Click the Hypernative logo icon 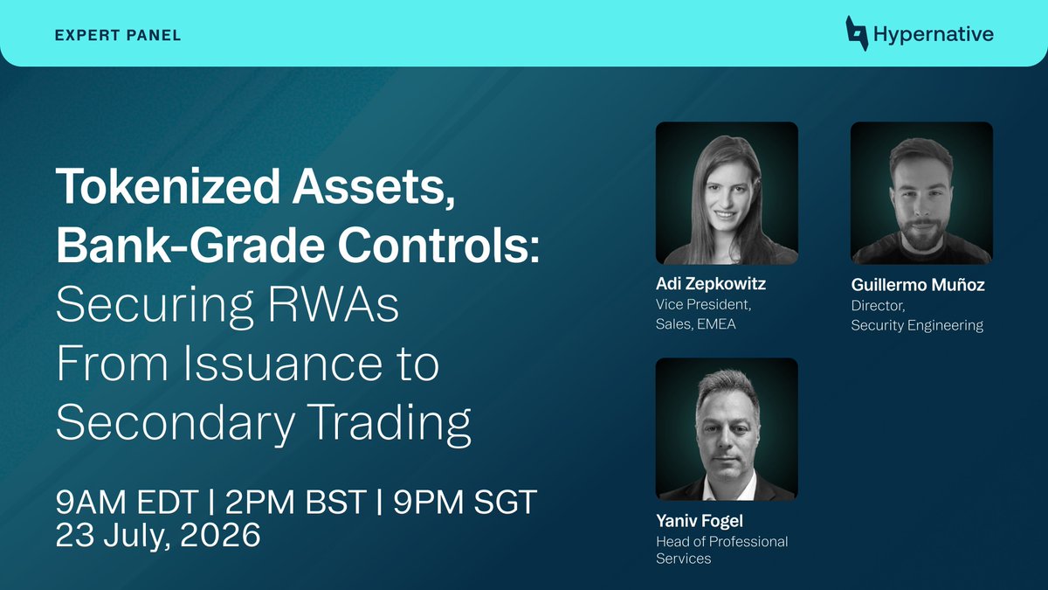(857, 33)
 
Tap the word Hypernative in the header (934, 34)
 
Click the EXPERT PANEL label (118, 35)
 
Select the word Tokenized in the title (168, 186)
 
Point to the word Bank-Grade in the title (190, 245)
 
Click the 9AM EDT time (127, 502)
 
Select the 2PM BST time (296, 502)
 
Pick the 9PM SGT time (465, 502)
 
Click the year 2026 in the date (220, 534)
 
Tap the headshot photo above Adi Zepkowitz (727, 193)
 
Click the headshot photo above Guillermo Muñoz (921, 193)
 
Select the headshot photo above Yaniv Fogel (727, 429)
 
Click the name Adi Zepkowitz (711, 283)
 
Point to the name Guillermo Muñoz (918, 285)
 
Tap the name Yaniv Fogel (700, 520)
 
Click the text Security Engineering (917, 325)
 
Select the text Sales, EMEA (696, 324)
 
